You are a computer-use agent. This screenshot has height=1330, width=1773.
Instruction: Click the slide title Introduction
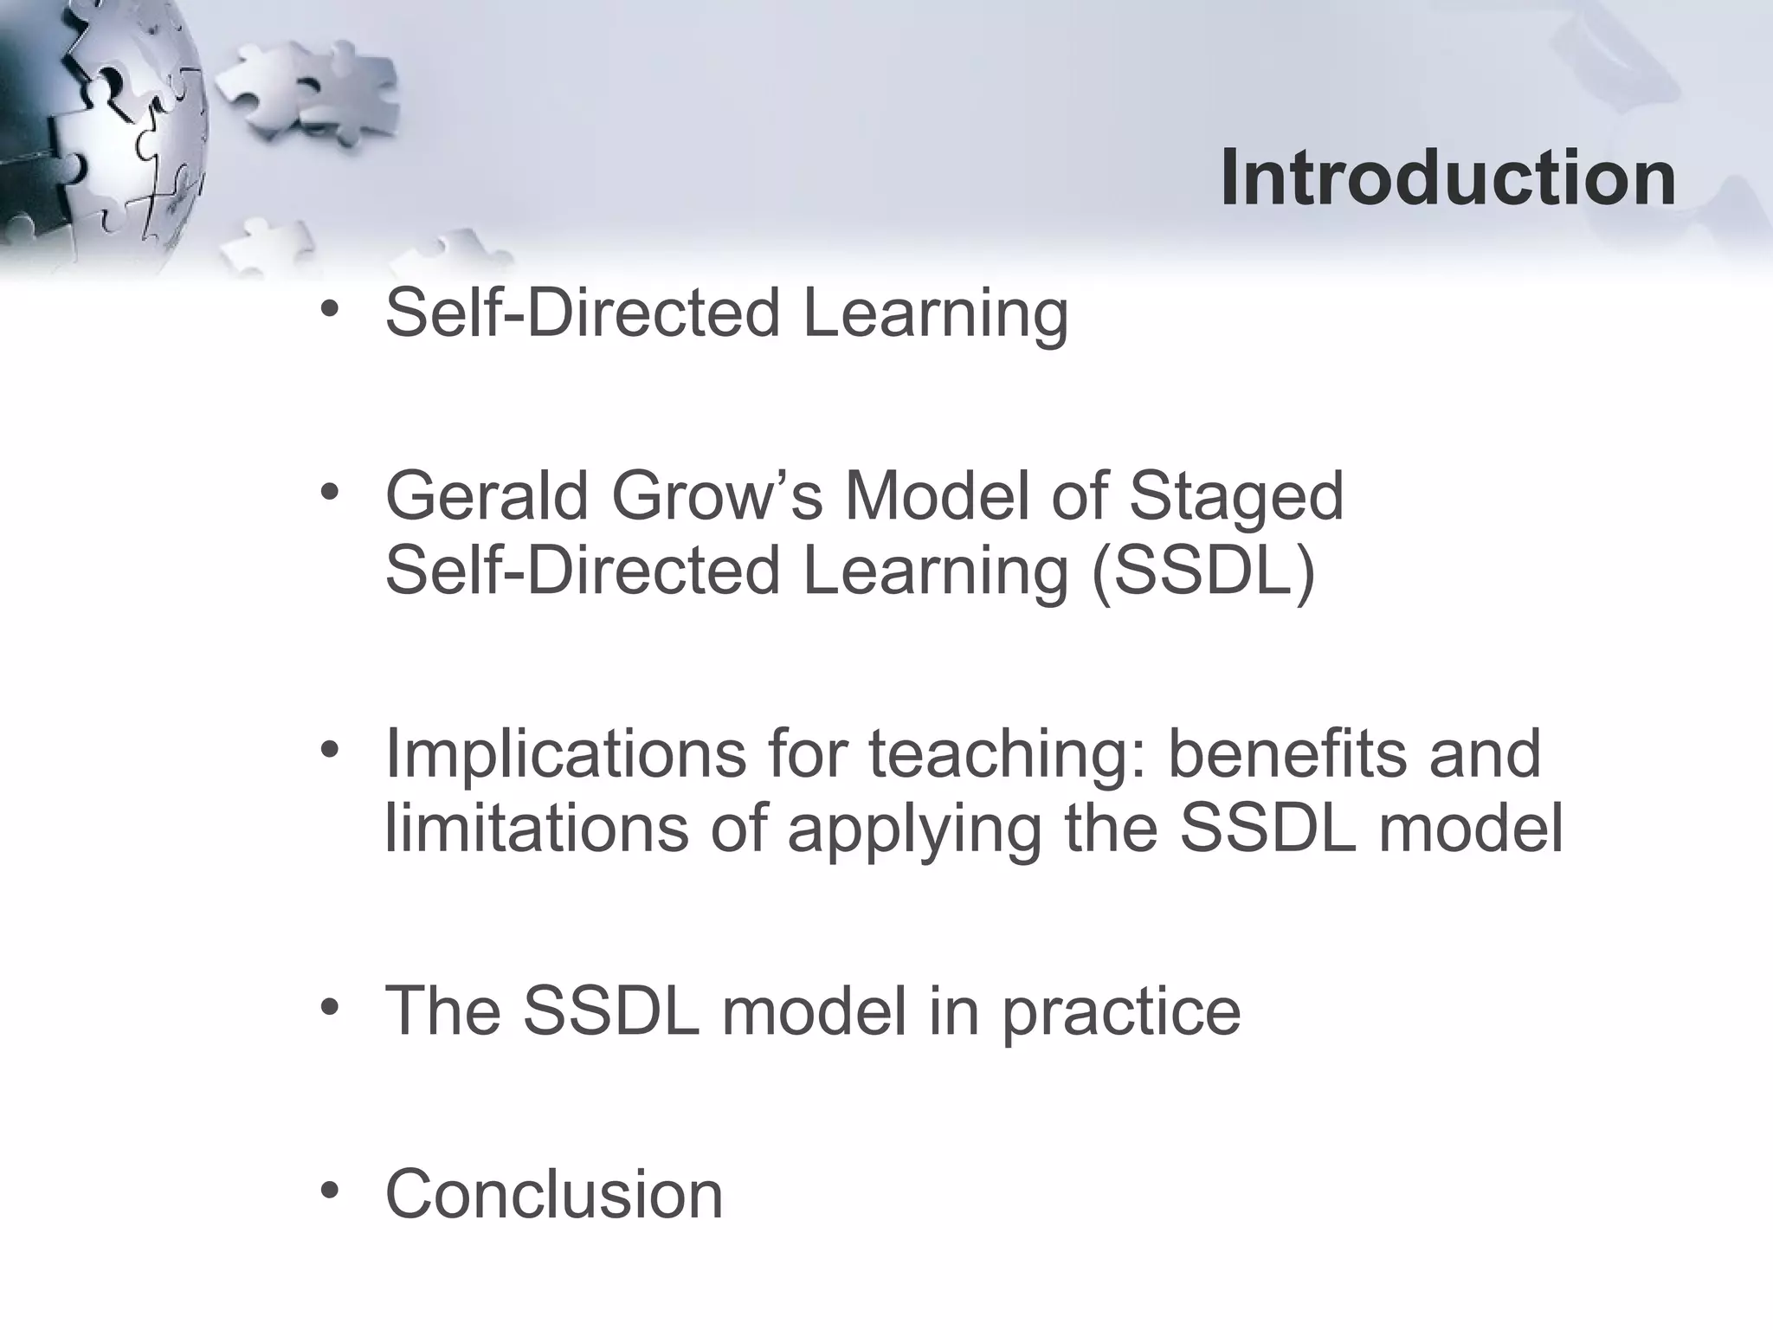pos(1447,178)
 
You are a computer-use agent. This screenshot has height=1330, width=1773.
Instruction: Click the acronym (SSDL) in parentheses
pos(1203,571)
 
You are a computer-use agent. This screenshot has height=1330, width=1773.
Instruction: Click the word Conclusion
pos(554,1194)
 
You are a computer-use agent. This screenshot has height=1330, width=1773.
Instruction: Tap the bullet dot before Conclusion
pos(329,1191)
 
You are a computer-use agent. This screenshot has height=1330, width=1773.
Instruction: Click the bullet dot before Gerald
pos(329,493)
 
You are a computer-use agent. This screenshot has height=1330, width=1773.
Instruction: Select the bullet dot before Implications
pos(329,750)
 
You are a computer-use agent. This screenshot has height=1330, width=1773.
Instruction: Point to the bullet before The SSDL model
pos(329,1007)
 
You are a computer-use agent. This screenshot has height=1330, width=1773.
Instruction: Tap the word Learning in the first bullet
pos(935,313)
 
